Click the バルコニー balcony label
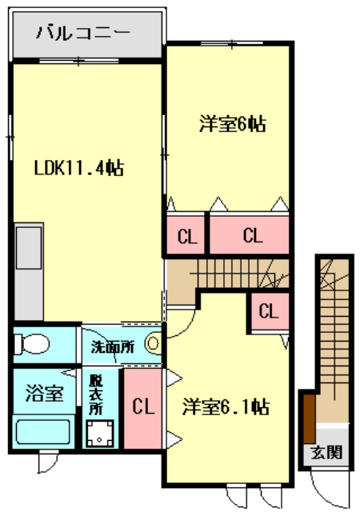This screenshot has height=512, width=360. [82, 34]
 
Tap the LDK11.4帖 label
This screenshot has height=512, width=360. [78, 169]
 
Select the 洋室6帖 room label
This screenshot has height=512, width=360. [232, 124]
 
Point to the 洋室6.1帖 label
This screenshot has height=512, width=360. [225, 406]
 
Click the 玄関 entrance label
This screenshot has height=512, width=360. [329, 452]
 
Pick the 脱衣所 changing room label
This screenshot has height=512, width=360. [97, 394]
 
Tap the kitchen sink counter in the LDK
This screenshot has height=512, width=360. [29, 248]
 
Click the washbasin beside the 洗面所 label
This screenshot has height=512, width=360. [153, 346]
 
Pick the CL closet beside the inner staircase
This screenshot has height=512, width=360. [269, 310]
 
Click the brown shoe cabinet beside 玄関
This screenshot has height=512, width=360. [306, 416]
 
